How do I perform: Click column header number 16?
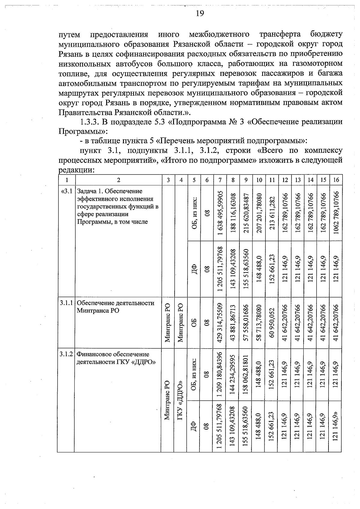336,180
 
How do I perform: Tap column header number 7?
220,180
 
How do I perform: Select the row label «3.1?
66,191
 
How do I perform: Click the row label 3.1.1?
66,303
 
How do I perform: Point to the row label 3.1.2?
66,354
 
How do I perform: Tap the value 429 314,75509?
220,323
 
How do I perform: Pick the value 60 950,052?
272,323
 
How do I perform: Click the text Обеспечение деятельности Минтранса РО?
115,306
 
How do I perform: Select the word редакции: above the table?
76,170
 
